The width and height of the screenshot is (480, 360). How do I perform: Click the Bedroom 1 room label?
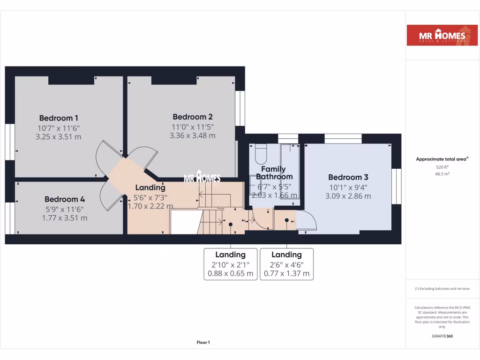pyautogui.click(x=59, y=118)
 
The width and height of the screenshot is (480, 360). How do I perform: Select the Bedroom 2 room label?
pyautogui.click(x=193, y=117)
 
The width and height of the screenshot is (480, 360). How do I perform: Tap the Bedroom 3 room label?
pyautogui.click(x=348, y=177)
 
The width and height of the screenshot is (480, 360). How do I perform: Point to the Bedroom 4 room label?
pyautogui.click(x=65, y=199)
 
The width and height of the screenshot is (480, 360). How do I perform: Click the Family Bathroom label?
pyautogui.click(x=274, y=173)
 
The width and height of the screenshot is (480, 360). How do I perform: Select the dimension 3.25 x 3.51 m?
pyautogui.click(x=59, y=137)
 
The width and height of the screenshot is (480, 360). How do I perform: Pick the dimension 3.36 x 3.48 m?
pyautogui.click(x=193, y=135)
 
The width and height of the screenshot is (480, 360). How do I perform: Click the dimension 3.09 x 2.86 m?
pyautogui.click(x=348, y=196)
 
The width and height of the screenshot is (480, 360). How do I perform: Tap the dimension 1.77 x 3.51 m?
pyautogui.click(x=65, y=218)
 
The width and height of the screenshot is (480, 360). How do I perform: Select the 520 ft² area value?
pyautogui.click(x=442, y=167)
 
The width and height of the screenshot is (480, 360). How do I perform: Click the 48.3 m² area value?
pyautogui.click(x=442, y=174)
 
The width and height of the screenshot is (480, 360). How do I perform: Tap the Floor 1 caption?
pyautogui.click(x=203, y=343)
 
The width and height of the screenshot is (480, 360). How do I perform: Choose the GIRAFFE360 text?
pyautogui.click(x=442, y=336)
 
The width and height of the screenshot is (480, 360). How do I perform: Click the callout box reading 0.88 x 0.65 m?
pyautogui.click(x=230, y=264)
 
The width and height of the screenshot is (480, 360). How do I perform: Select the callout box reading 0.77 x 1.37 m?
pyautogui.click(x=286, y=264)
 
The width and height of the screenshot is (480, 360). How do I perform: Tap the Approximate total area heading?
pyautogui.click(x=442, y=159)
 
